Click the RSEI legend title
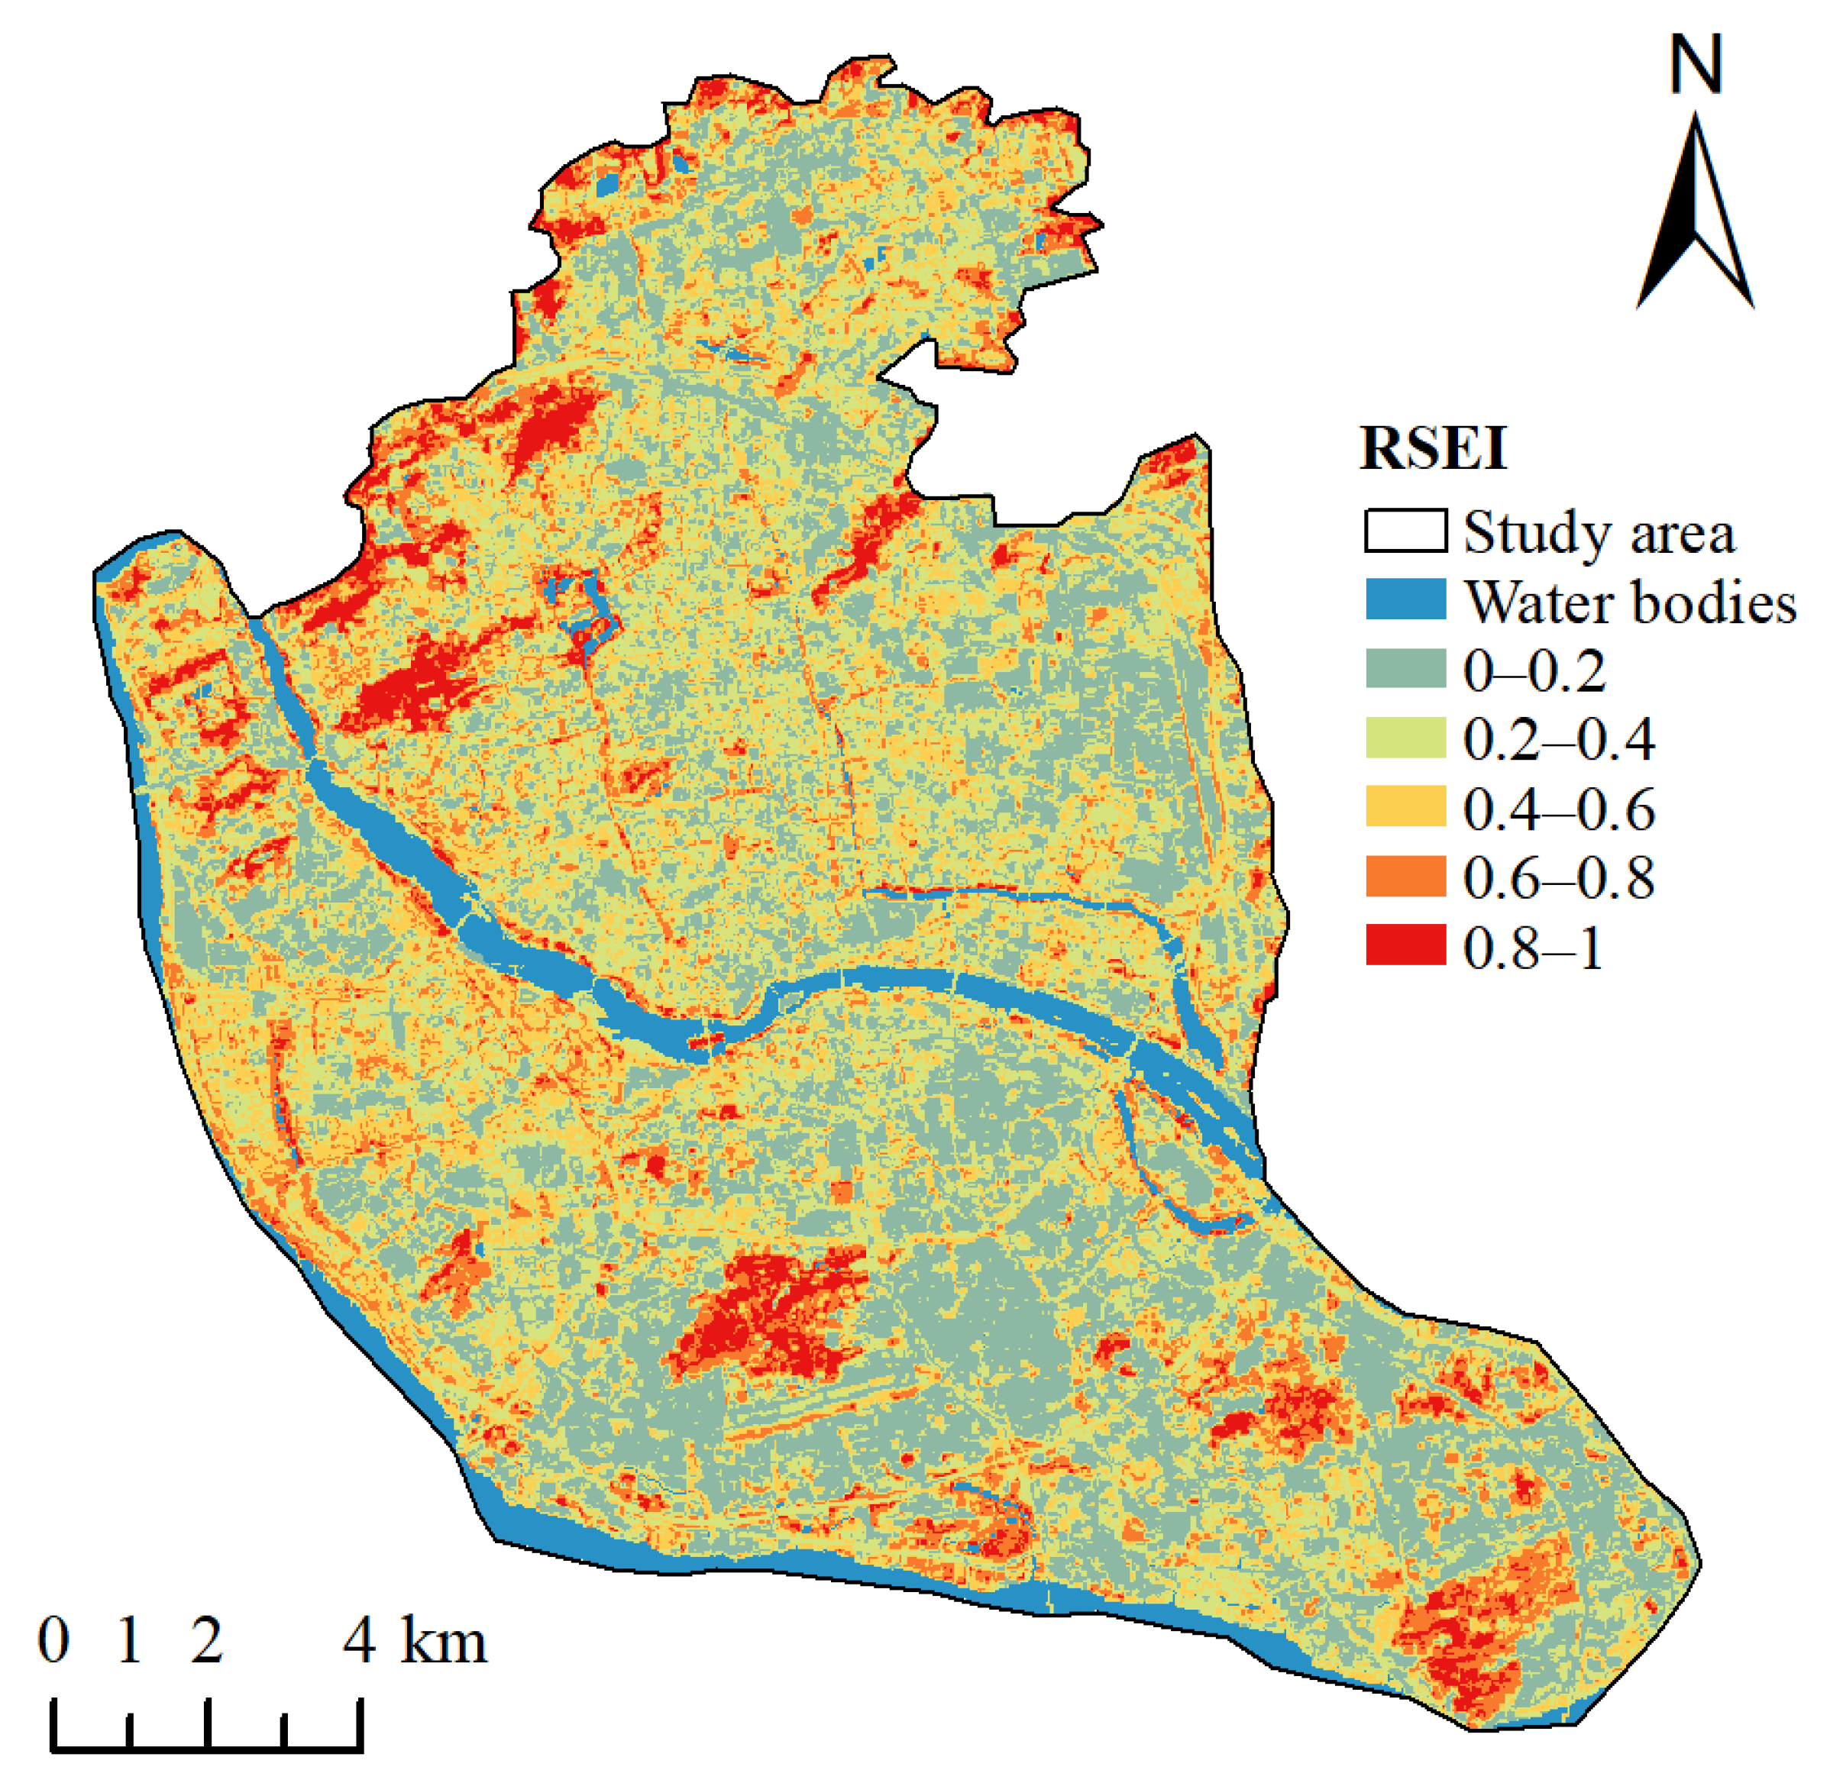[1433, 450]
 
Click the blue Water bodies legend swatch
[1405, 599]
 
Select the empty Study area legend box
[1405, 531]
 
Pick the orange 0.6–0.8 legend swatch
[1405, 877]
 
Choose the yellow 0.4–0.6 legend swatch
[1405, 807]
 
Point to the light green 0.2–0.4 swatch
[1405, 738]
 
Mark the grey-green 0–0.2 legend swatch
[1405, 669]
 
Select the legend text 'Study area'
[1599, 533]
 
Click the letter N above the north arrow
[1696, 63]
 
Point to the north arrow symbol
[1695, 215]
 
